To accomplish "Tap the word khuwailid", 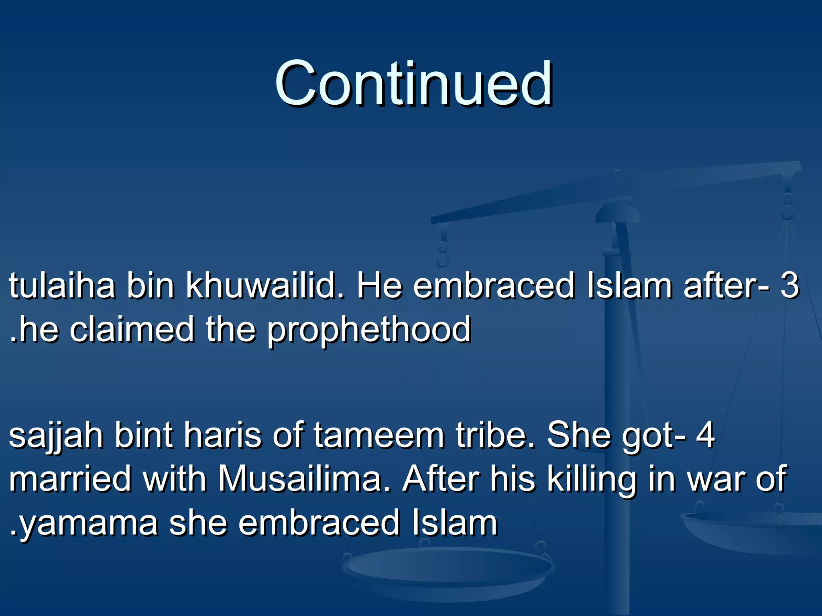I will pyautogui.click(x=265, y=286).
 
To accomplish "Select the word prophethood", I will pyautogui.click(x=369, y=330).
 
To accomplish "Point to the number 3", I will pyautogui.click(x=789, y=286).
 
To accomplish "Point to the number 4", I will pyautogui.click(x=705, y=435).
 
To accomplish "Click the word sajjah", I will pyautogui.click(x=56, y=436).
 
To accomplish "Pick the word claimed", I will pyautogui.click(x=132, y=329).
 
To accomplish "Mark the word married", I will pyautogui.click(x=70, y=479).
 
